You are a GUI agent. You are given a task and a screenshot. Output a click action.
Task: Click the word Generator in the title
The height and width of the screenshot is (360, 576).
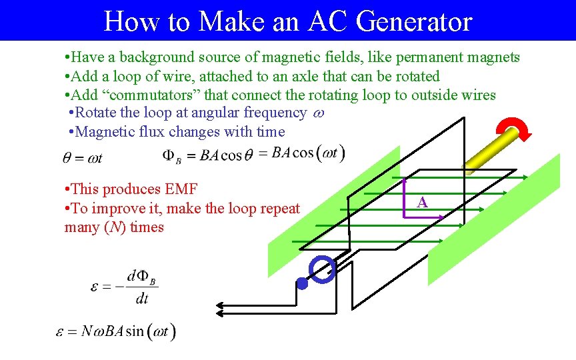point(414,21)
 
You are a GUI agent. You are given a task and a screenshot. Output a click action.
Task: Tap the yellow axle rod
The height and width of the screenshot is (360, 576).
point(493,151)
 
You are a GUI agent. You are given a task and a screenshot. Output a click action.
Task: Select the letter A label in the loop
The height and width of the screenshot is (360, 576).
point(422,202)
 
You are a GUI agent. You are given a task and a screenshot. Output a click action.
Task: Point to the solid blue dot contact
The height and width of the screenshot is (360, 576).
point(302,284)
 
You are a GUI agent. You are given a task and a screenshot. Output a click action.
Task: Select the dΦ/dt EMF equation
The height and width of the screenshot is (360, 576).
point(125,287)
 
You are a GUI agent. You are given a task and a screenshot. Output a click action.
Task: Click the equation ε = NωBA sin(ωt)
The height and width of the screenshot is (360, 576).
point(116,331)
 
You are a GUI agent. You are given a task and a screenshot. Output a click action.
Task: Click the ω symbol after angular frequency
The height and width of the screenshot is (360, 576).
point(318,113)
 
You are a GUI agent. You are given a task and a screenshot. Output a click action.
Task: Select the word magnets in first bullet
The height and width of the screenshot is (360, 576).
point(495,57)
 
